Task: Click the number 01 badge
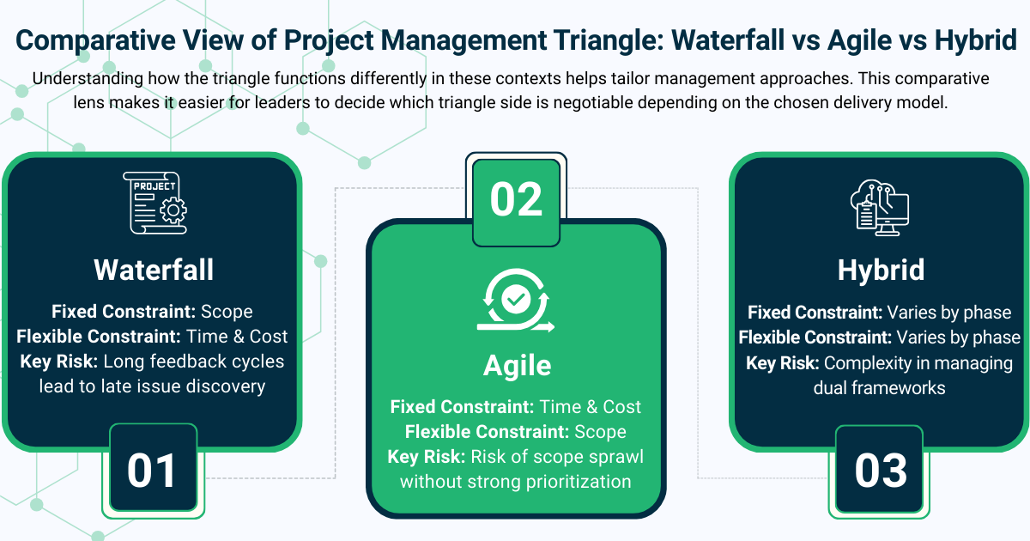[x=152, y=470]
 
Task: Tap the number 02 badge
[x=516, y=198]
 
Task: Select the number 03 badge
[x=881, y=470]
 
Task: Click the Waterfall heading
[x=154, y=270]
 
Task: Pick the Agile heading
[x=517, y=366]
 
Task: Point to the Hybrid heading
[x=881, y=270]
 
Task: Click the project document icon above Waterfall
[x=154, y=203]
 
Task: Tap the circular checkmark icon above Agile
[x=516, y=301]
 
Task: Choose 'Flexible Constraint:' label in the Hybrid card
[x=815, y=337]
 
